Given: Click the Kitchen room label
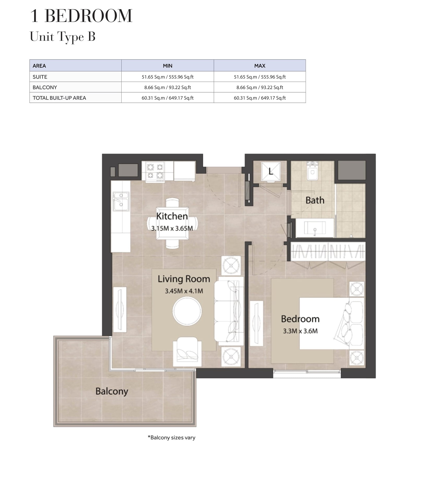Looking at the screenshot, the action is pyautogui.click(x=172, y=216).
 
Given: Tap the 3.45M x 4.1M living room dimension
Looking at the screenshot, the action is pyautogui.click(x=184, y=291).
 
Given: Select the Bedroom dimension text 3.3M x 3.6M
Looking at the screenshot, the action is pyautogui.click(x=300, y=331).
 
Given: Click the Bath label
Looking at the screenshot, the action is pyautogui.click(x=315, y=200).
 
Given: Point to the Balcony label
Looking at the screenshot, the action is pyautogui.click(x=112, y=391).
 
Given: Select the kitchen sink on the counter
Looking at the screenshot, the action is pyautogui.click(x=121, y=201).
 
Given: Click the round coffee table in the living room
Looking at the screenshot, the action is pyautogui.click(x=187, y=311).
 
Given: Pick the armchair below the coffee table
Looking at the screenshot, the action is pyautogui.click(x=187, y=351).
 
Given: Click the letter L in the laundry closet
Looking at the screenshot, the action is pyautogui.click(x=271, y=172).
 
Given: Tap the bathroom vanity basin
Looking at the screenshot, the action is pyautogui.click(x=315, y=228).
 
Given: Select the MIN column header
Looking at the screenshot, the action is pyautogui.click(x=168, y=66).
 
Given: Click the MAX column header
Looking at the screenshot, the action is pyautogui.click(x=260, y=66).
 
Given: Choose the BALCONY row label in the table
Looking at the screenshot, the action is pyautogui.click(x=45, y=87).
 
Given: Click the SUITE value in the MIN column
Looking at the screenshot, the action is pyautogui.click(x=168, y=77).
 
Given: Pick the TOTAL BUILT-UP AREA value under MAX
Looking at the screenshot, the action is pyautogui.click(x=260, y=98).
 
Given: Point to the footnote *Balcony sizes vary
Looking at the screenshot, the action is pyautogui.click(x=171, y=437).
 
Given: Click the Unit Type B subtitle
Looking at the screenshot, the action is pyautogui.click(x=63, y=37).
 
